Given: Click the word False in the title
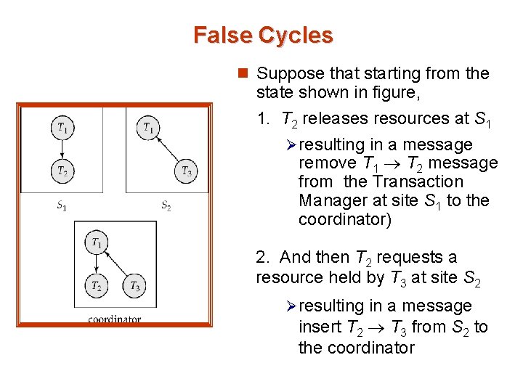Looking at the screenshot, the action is click(x=222, y=35).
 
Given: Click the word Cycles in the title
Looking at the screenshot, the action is click(x=293, y=35).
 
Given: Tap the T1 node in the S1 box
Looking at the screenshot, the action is click(x=62, y=128).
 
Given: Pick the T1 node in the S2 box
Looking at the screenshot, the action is click(x=149, y=128).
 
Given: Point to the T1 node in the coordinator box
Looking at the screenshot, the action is click(x=96, y=241).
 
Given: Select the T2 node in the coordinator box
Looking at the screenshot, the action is click(x=96, y=285).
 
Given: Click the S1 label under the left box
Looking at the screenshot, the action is click(x=62, y=205).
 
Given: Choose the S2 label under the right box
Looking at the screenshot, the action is click(x=166, y=205).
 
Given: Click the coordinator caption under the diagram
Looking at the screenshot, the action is click(x=114, y=318).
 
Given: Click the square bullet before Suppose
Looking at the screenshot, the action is click(x=244, y=73).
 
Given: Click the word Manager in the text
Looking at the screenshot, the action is click(x=328, y=200).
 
